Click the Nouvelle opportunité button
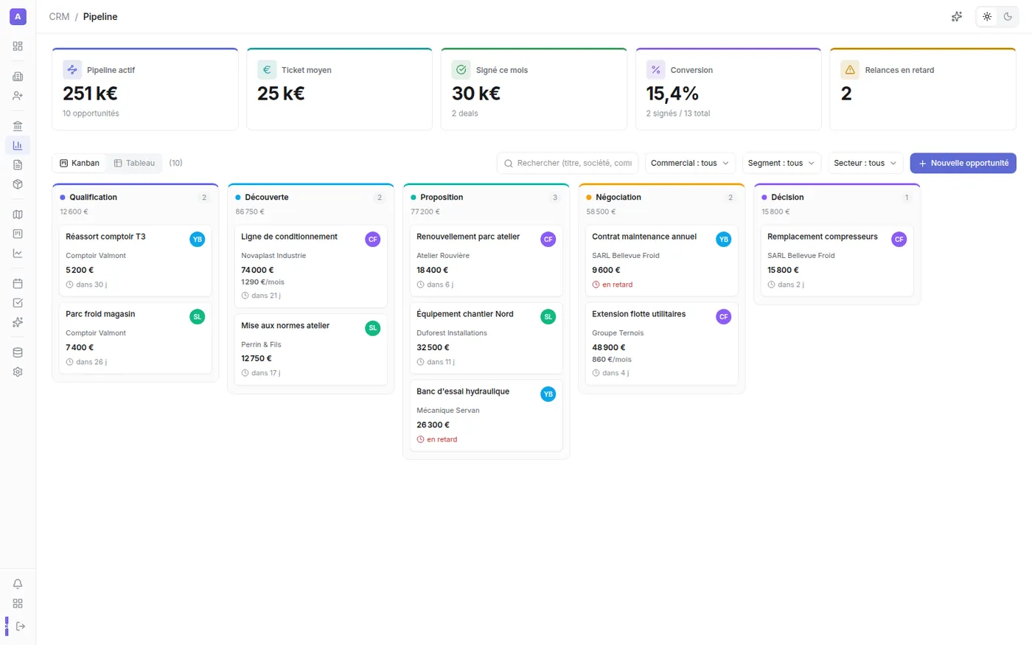tap(963, 163)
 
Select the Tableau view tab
tap(134, 163)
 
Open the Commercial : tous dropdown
tap(690, 163)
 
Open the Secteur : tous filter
tap(865, 163)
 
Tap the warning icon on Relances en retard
tap(849, 70)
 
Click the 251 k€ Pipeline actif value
tap(90, 94)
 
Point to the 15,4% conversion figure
tap(672, 94)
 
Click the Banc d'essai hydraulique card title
tap(463, 391)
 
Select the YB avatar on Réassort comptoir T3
tap(198, 239)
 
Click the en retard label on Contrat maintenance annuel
tap(618, 285)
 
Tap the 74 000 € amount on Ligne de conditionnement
tap(257, 270)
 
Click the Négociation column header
tap(618, 198)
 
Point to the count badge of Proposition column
tap(554, 198)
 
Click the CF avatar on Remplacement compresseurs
tap(899, 239)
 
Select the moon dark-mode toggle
tap(1008, 16)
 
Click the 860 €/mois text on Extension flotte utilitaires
tap(611, 360)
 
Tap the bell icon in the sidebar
tap(18, 584)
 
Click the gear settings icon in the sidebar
tap(18, 372)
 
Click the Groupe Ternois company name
tap(618, 332)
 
